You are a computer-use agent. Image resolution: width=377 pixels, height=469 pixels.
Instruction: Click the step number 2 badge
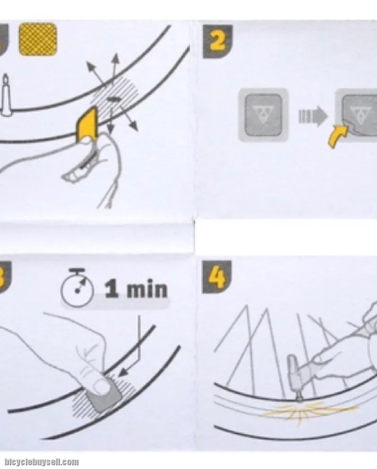[218, 42]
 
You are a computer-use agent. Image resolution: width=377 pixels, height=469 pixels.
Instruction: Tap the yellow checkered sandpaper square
[38, 39]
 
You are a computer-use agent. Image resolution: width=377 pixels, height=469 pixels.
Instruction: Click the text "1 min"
[136, 289]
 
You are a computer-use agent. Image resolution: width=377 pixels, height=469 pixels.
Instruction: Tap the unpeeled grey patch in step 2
[263, 115]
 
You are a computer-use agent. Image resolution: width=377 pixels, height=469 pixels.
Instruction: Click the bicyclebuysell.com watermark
[42, 462]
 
